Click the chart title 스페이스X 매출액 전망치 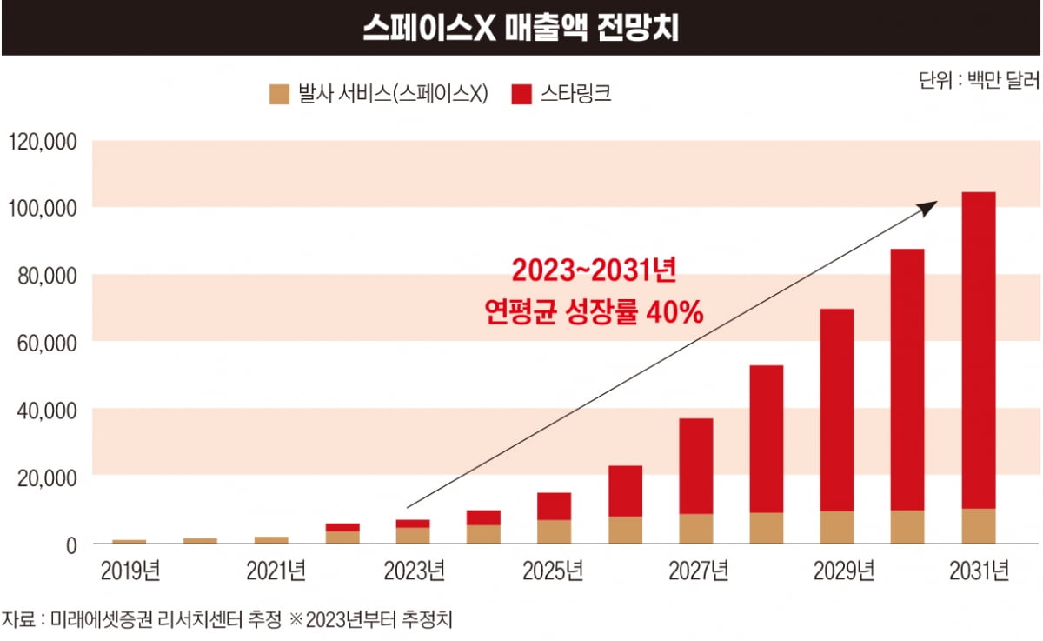[x=521, y=28]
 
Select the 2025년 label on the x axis [x=553, y=571]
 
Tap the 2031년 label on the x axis [x=978, y=571]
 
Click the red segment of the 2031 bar [x=979, y=348]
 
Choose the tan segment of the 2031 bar [x=979, y=526]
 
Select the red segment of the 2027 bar [x=695, y=465]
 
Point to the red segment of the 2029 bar [x=837, y=409]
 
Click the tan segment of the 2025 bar [x=554, y=531]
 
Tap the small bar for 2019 [x=130, y=542]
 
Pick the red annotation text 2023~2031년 [x=594, y=272]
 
